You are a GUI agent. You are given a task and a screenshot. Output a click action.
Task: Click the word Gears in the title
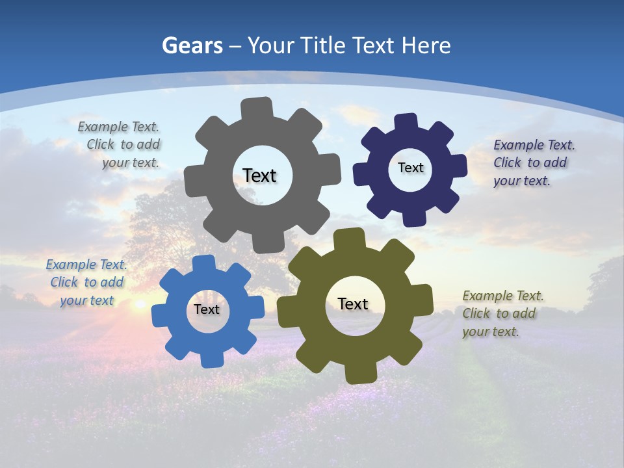click(x=192, y=45)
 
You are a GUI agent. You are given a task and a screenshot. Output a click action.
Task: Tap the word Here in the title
click(x=426, y=45)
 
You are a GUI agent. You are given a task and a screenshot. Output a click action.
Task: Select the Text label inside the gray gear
click(x=259, y=175)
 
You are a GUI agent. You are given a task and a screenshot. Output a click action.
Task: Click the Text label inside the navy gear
click(x=410, y=168)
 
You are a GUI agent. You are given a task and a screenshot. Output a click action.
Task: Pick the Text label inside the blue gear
click(x=207, y=309)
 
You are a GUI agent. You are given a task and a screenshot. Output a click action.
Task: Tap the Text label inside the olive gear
click(x=353, y=304)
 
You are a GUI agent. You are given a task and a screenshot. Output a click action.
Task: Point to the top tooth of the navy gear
click(x=406, y=122)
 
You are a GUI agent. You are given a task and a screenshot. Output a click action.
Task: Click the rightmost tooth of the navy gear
click(x=458, y=165)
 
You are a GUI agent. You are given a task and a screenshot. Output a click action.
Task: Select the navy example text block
click(x=533, y=163)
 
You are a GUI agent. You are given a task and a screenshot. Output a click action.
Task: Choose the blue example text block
click(x=86, y=282)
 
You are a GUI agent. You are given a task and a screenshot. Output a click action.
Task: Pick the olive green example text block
click(x=502, y=313)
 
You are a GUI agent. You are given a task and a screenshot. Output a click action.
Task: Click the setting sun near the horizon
click(x=139, y=304)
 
